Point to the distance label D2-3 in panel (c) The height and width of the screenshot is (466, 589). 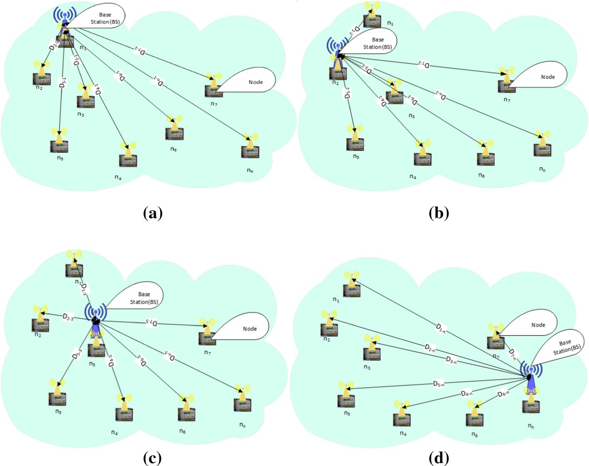tap(68, 317)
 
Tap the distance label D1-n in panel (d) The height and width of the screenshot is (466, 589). tap(441, 329)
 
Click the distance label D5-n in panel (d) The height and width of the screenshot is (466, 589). tap(439, 384)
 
